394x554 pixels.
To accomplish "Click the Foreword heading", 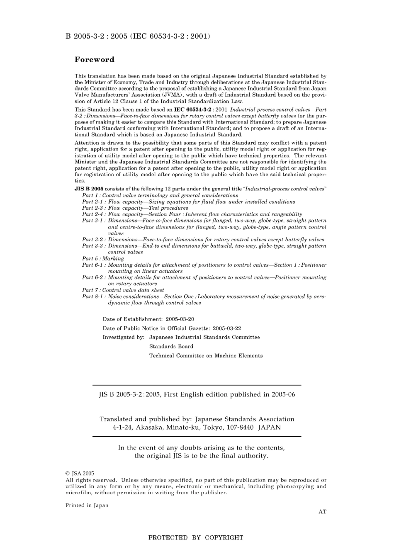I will tap(94, 59).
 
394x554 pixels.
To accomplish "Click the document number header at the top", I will tap(138, 36).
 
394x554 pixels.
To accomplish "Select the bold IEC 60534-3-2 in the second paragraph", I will tap(194, 109).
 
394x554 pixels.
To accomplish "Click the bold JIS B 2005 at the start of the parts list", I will tap(86, 189).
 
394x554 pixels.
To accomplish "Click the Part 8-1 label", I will tap(93, 296).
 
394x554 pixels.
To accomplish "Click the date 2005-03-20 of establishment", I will tap(180, 319).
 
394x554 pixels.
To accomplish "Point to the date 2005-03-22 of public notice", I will tap(227, 328).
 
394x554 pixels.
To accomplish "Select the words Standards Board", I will tap(171, 346).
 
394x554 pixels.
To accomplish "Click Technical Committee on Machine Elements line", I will tap(206, 355).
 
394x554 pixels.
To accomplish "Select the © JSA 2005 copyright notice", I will tap(80, 473).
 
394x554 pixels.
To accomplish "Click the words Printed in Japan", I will tap(87, 505).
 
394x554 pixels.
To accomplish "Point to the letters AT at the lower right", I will tap(322, 512).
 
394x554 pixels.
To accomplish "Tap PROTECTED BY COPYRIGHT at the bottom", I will tap(196, 538).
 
